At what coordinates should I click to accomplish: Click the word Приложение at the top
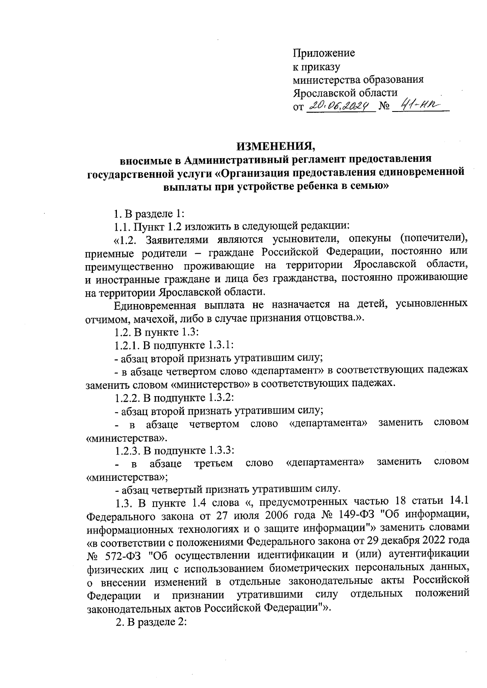coord(324,53)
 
